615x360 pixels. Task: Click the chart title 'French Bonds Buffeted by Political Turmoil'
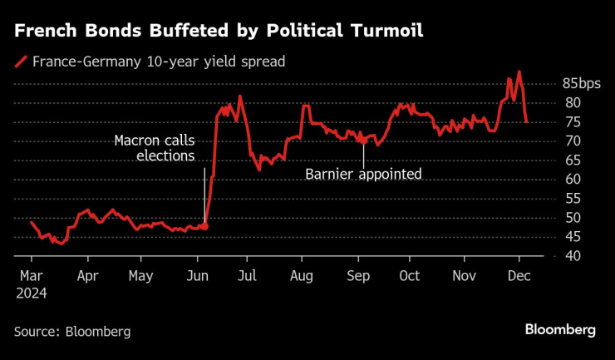point(219,32)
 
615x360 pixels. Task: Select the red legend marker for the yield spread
point(20,61)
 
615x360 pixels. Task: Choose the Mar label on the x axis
point(32,276)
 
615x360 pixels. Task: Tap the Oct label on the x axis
point(409,276)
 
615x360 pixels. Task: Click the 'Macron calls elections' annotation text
point(154,147)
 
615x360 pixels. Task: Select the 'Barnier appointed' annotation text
point(364,174)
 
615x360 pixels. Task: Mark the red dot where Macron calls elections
point(204,226)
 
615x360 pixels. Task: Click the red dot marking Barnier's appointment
point(363,141)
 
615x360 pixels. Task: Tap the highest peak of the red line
point(519,72)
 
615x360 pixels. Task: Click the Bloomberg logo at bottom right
point(560,330)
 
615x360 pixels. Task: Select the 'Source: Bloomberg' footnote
point(72,331)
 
